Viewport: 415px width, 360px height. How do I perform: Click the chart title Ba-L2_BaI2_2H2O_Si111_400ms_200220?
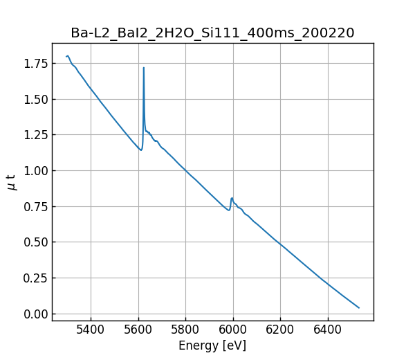click(212, 33)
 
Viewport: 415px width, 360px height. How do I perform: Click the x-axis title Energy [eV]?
click(212, 345)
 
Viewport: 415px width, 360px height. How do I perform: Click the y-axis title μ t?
click(11, 182)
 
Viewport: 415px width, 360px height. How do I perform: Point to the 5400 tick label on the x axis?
click(91, 330)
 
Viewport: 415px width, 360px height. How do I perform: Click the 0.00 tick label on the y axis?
click(35, 314)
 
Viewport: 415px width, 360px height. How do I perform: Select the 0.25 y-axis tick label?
click(35, 278)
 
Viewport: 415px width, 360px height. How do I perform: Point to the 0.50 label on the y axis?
click(35, 242)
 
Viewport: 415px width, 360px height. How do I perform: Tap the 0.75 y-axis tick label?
click(35, 206)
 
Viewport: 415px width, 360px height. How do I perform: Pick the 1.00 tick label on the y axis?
click(35, 171)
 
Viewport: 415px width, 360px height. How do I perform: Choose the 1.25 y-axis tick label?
click(35, 135)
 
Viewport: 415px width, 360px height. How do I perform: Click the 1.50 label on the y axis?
click(35, 99)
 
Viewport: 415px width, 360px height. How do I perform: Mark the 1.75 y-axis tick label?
click(35, 64)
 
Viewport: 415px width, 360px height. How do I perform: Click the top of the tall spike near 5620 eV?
click(144, 68)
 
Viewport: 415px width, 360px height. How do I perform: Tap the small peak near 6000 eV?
click(232, 199)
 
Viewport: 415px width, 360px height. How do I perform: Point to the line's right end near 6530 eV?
click(359, 307)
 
